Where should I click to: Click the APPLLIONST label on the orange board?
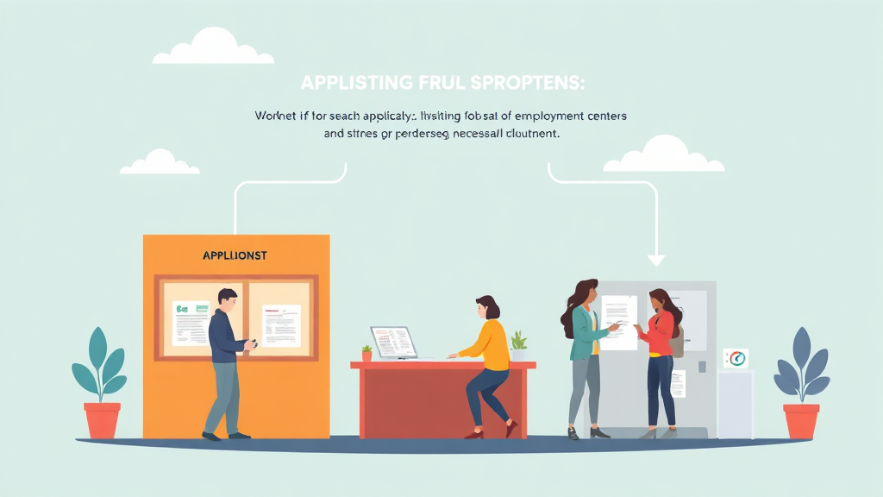pos(235,256)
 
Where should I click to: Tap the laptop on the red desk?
pos(394,343)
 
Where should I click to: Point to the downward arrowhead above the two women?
pos(656,260)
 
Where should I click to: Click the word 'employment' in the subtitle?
pos(535,115)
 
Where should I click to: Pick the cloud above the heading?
pos(214,48)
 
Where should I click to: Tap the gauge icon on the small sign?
pos(736,358)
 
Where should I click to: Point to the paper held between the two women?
pos(620,322)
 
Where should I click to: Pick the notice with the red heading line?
pos(281,324)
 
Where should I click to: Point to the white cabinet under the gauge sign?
pos(735,404)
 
